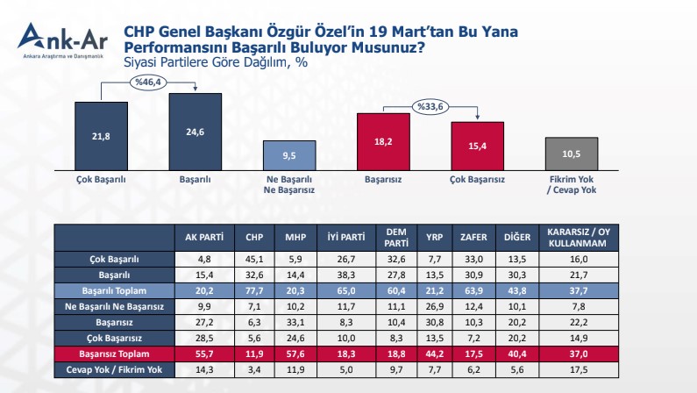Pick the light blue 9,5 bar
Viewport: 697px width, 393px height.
(x=290, y=154)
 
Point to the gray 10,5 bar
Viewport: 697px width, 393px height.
(x=571, y=153)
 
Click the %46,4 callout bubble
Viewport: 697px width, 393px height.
(x=148, y=82)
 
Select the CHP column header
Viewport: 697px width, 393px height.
(x=253, y=236)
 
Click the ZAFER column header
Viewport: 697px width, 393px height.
(x=469, y=236)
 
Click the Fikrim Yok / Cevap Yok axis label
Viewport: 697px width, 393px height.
(x=571, y=184)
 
